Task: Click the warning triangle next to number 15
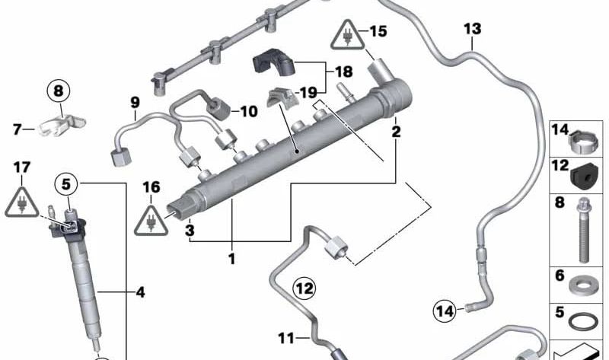348,36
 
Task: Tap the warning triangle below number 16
151,221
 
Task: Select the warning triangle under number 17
22,202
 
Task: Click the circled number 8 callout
59,91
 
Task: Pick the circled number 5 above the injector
66,183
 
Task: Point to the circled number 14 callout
445,311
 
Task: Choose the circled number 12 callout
304,288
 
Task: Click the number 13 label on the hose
473,29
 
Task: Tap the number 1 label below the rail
232,259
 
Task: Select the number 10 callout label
249,112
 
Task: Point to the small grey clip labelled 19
282,98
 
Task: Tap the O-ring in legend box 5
583,321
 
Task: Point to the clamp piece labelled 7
62,125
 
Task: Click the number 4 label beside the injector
141,292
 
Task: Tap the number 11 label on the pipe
286,339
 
